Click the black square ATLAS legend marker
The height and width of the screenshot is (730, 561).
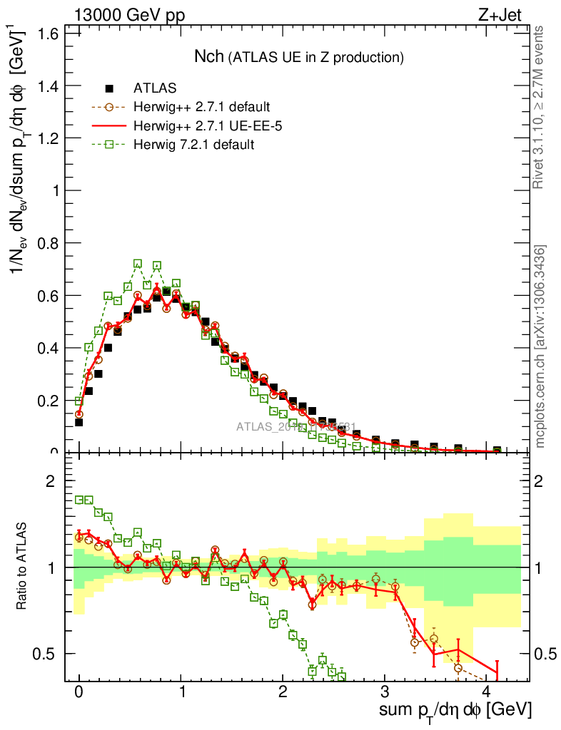click(x=109, y=88)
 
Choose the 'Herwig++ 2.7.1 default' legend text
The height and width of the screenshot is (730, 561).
click(x=201, y=108)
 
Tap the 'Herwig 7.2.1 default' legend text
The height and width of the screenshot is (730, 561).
click(x=194, y=145)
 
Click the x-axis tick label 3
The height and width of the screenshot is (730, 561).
click(x=385, y=692)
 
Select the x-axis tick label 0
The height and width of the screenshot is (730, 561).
click(x=79, y=692)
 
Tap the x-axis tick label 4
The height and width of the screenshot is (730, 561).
click(x=487, y=692)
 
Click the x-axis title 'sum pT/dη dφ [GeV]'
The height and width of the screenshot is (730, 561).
click(x=456, y=710)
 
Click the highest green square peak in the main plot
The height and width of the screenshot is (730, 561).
click(x=138, y=264)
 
